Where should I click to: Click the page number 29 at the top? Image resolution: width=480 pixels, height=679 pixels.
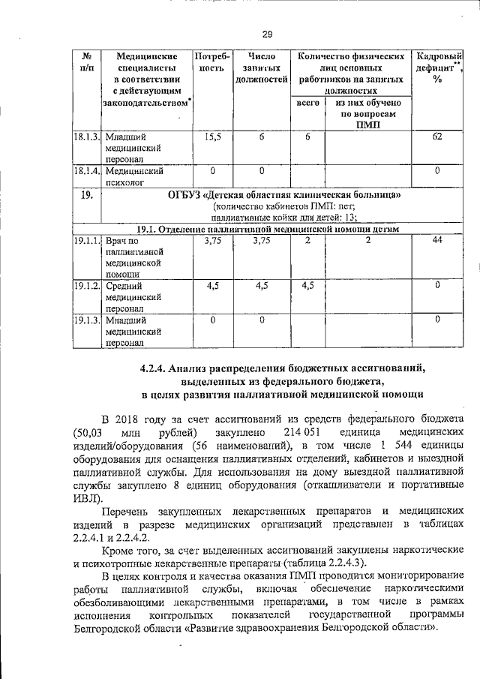tap(266, 32)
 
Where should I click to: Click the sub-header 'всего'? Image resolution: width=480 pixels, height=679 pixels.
tap(308, 102)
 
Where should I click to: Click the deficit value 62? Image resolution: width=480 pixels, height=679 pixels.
tap(436, 137)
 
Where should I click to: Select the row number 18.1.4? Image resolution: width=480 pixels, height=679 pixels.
tap(86, 171)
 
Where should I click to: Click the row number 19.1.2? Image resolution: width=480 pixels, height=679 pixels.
tap(86, 286)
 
